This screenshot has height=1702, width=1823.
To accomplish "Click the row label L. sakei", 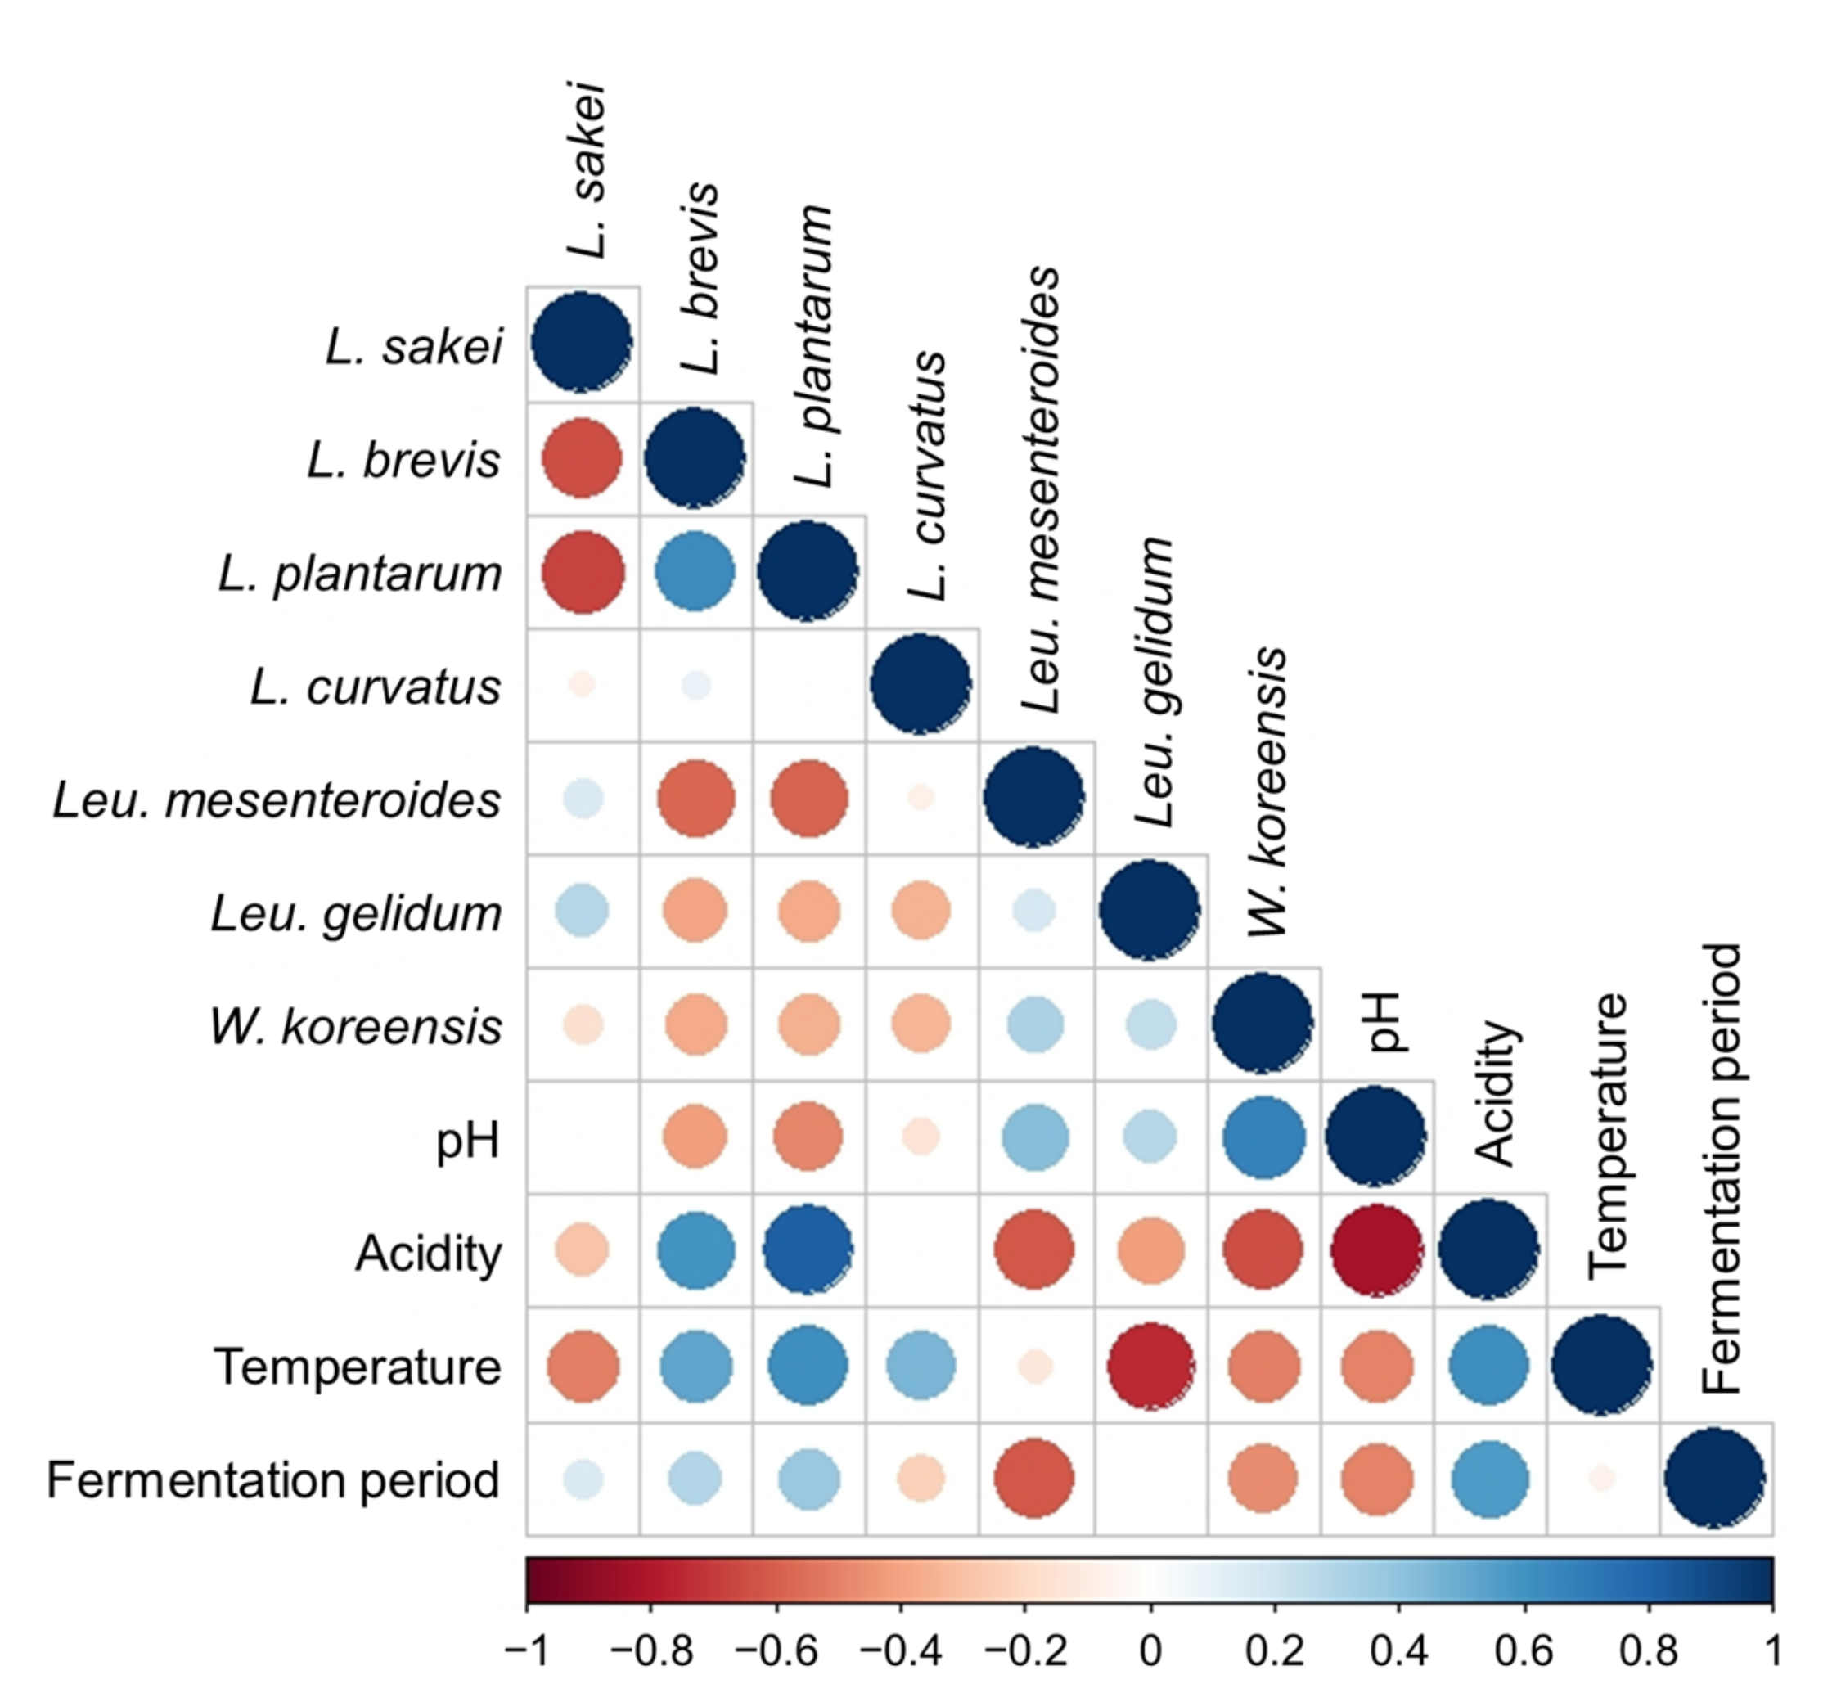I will coord(415,347).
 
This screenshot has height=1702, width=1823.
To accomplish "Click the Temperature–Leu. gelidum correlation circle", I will coord(1151,1366).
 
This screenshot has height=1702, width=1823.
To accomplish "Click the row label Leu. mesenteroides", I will coord(277,799).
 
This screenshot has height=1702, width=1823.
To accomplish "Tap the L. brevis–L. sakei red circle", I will coord(583,457).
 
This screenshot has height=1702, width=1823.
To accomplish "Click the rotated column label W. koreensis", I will coord(1268,790).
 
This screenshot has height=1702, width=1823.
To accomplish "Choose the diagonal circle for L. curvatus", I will coord(921,683).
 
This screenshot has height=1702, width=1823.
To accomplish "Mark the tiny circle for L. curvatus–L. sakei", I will coord(583,684).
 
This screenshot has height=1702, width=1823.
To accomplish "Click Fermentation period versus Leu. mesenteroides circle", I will coord(1033,1479).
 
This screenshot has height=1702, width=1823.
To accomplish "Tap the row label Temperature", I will coord(358,1367).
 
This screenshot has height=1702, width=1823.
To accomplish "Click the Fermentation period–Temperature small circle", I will coord(1602,1479).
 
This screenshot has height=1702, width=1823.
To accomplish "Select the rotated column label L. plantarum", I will coord(813,347).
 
